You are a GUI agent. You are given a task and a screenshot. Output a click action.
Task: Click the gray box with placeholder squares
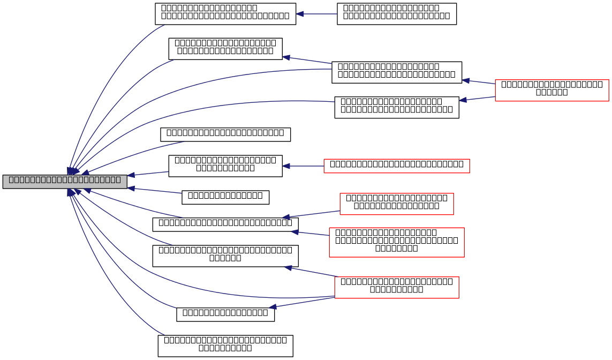click(x=65, y=182)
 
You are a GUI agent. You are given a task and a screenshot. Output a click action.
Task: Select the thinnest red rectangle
click(x=396, y=166)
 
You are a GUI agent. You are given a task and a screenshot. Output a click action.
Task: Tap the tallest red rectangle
click(x=396, y=242)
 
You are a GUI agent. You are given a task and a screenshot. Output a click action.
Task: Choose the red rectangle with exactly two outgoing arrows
click(x=551, y=91)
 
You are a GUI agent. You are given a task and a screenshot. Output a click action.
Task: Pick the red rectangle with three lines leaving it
click(x=396, y=288)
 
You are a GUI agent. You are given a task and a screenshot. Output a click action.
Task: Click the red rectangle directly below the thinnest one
click(x=396, y=204)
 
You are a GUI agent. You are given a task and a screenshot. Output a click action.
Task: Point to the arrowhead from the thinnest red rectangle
click(x=286, y=166)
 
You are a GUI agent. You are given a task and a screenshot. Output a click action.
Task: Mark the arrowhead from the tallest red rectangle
click(x=294, y=232)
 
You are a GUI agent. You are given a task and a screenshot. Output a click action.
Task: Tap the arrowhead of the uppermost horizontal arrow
click(x=300, y=14)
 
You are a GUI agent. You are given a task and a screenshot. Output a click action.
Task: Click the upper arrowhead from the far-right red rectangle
click(x=466, y=81)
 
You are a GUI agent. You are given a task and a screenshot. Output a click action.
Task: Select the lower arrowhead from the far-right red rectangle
click(x=463, y=100)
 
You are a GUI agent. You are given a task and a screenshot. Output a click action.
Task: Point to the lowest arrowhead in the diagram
click(x=273, y=307)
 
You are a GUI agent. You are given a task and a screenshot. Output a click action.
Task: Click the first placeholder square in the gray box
click(x=11, y=180)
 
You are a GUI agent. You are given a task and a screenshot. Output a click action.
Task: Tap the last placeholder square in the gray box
click(x=118, y=180)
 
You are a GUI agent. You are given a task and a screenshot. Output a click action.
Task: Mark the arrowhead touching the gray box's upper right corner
click(x=131, y=175)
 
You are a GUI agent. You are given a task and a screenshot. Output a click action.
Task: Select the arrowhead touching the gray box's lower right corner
click(x=131, y=188)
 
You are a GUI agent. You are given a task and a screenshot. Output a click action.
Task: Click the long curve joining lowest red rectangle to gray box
click(x=214, y=292)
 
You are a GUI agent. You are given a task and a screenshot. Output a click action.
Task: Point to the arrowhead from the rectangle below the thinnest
click(x=286, y=217)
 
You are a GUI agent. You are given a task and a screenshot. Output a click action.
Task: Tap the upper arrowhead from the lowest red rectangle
click(x=288, y=267)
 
